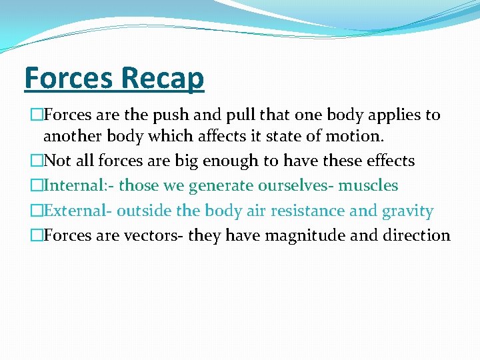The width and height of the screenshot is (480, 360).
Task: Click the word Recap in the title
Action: point(163,78)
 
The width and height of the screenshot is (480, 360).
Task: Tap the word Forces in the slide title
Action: point(67,78)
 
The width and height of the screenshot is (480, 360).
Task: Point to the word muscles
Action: point(368,185)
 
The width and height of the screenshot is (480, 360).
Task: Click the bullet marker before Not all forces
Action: point(37,161)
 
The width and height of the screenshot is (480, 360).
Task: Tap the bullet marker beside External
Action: point(37,211)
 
